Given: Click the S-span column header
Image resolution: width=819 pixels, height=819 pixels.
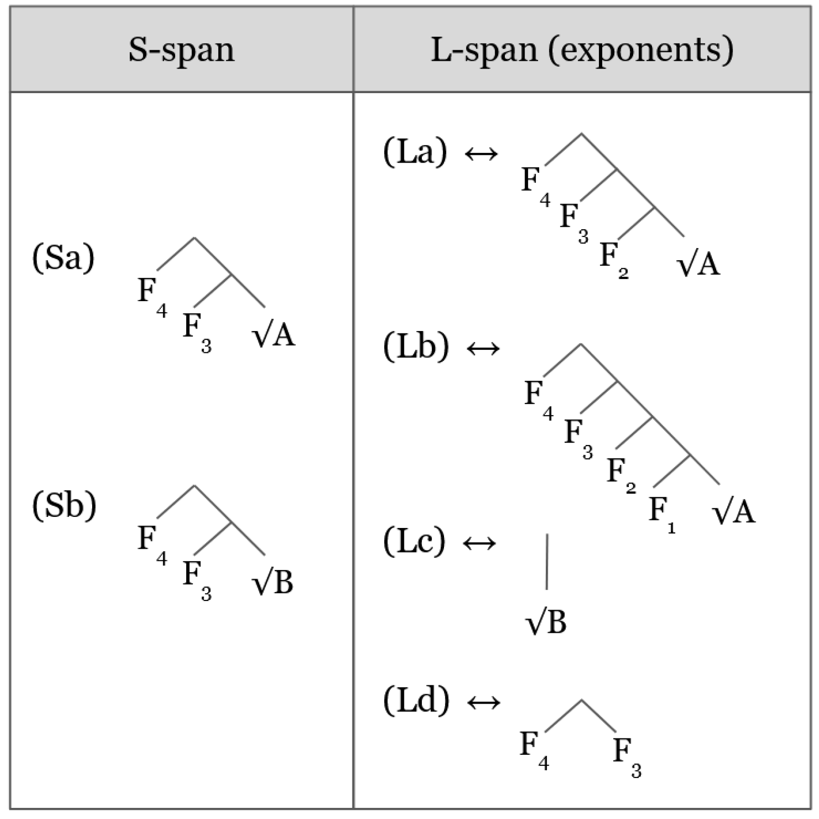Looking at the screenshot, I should coord(181,50).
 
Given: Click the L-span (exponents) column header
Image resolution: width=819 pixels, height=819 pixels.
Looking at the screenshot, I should coord(582,50).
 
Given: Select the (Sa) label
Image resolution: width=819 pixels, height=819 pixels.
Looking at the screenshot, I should coord(63,258).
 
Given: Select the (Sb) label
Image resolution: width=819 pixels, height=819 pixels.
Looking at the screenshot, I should coord(64,506).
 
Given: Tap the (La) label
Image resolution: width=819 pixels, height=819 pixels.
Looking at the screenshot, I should coord(415,152).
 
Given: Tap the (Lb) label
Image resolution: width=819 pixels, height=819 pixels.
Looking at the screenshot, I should coord(416,347).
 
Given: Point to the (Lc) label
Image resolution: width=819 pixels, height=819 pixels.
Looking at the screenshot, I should coord(414,541).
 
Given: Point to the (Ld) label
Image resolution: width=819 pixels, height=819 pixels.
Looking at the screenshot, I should coord(416,700).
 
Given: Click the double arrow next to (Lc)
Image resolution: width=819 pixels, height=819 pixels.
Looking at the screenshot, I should coord(479,543).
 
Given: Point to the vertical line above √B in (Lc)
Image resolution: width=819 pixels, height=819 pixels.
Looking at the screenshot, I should coord(547,561).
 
